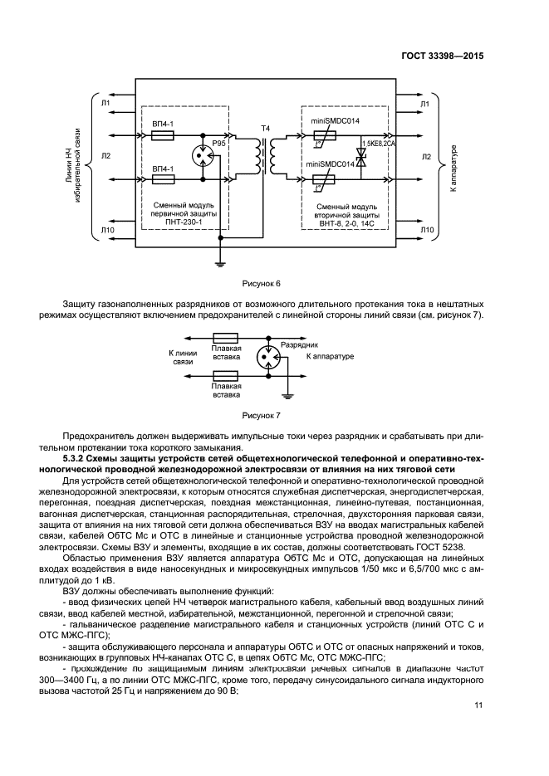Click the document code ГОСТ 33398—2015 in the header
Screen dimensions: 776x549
[444, 56]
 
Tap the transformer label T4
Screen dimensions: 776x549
[266, 128]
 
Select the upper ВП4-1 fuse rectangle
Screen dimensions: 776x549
[164, 134]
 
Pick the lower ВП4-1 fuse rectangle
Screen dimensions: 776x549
[164, 178]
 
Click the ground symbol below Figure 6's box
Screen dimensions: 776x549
[220, 263]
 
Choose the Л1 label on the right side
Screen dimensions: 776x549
[424, 104]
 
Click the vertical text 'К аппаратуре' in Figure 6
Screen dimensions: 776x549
[453, 170]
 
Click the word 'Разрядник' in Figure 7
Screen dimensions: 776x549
[301, 343]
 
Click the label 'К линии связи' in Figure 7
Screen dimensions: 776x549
[182, 358]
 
